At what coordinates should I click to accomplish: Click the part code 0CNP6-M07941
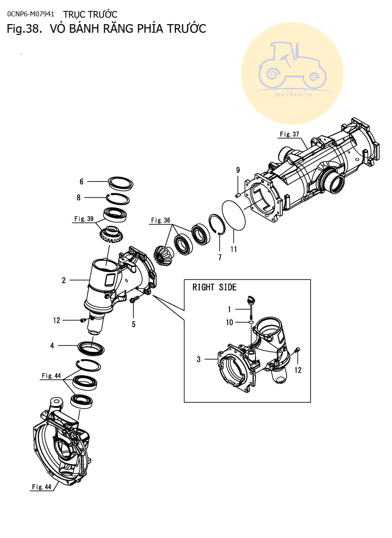[31, 14]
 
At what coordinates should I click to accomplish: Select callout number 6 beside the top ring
[81, 182]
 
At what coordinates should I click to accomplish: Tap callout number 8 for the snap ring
[79, 198]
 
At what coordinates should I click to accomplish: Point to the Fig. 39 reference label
[84, 218]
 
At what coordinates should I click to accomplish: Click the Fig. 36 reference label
[161, 220]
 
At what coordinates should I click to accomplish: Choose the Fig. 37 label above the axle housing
[290, 134]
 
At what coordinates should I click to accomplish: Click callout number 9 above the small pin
[238, 170]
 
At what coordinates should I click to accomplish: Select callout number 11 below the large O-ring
[234, 249]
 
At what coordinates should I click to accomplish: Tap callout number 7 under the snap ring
[220, 257]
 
